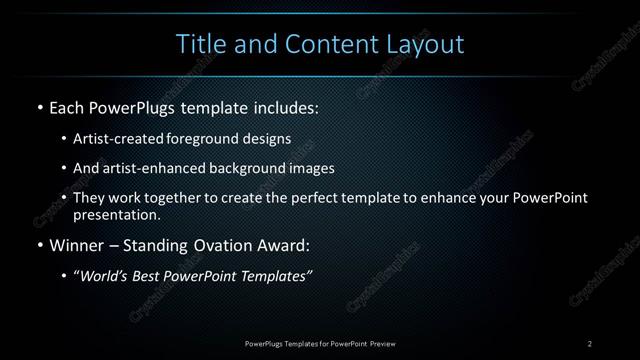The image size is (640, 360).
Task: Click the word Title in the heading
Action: tap(199, 44)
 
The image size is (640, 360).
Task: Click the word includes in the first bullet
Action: tap(284, 106)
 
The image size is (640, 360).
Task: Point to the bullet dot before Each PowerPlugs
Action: tap(39, 107)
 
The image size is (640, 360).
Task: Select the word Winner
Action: tap(77, 245)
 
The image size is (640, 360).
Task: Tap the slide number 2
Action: tap(589, 343)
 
